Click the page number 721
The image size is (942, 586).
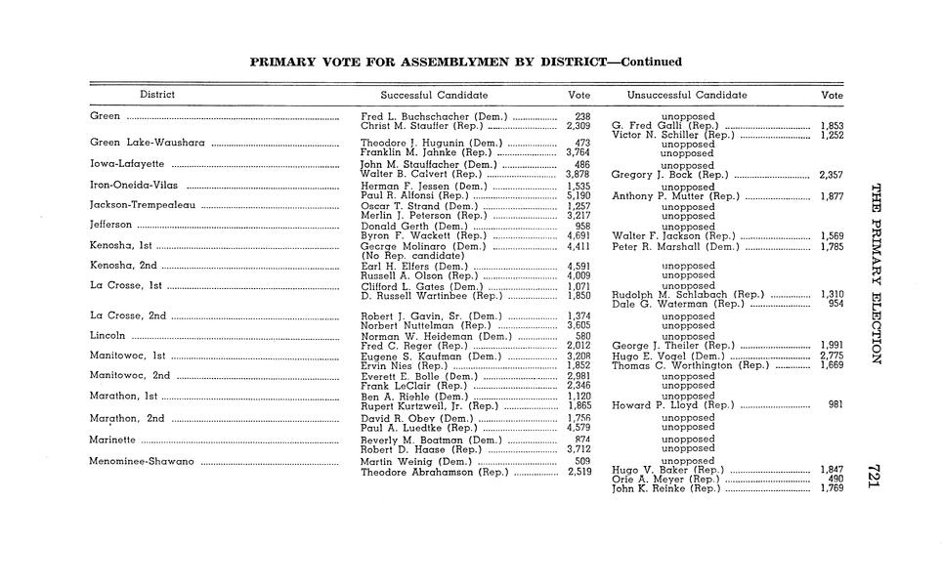pyautogui.click(x=875, y=476)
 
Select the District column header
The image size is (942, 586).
pyautogui.click(x=157, y=95)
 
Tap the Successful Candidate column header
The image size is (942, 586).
pyautogui.click(x=434, y=95)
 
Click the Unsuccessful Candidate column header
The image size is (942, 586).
pyautogui.click(x=687, y=95)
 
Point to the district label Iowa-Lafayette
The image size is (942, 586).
pyautogui.click(x=127, y=164)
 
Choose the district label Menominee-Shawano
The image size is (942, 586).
pyautogui.click(x=142, y=461)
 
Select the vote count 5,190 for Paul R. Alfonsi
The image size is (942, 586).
pyautogui.click(x=578, y=195)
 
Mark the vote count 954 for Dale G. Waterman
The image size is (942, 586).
pyautogui.click(x=835, y=304)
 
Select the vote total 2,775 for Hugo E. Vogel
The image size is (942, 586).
pyautogui.click(x=831, y=356)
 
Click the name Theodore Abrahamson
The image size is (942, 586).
pyautogui.click(x=419, y=473)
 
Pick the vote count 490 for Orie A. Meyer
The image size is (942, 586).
pyautogui.click(x=835, y=480)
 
